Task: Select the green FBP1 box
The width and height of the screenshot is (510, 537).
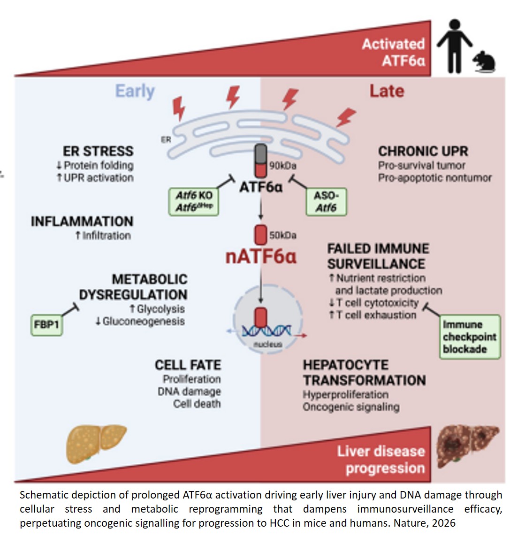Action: (46, 324)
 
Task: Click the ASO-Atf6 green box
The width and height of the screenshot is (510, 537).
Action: (326, 201)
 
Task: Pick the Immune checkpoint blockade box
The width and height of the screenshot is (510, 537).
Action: (470, 337)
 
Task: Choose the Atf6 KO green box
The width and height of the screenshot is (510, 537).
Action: (194, 201)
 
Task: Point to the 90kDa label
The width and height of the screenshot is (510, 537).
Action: (283, 165)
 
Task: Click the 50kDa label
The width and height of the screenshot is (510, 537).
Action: (282, 235)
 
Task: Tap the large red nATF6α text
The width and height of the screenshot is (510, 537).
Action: (261, 257)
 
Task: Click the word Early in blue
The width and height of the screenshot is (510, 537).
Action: (135, 91)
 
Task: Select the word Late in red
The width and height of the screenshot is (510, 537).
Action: (386, 91)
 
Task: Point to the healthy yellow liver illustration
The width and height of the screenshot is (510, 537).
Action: (96, 444)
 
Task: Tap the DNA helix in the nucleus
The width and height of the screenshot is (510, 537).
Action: (266, 332)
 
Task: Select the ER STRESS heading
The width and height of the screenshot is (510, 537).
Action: (98, 151)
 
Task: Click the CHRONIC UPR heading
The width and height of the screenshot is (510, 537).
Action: (423, 151)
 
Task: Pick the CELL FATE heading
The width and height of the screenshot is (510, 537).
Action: (188, 365)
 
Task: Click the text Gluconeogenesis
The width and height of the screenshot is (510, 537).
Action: (144, 322)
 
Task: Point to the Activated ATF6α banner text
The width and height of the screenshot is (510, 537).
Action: (393, 52)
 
